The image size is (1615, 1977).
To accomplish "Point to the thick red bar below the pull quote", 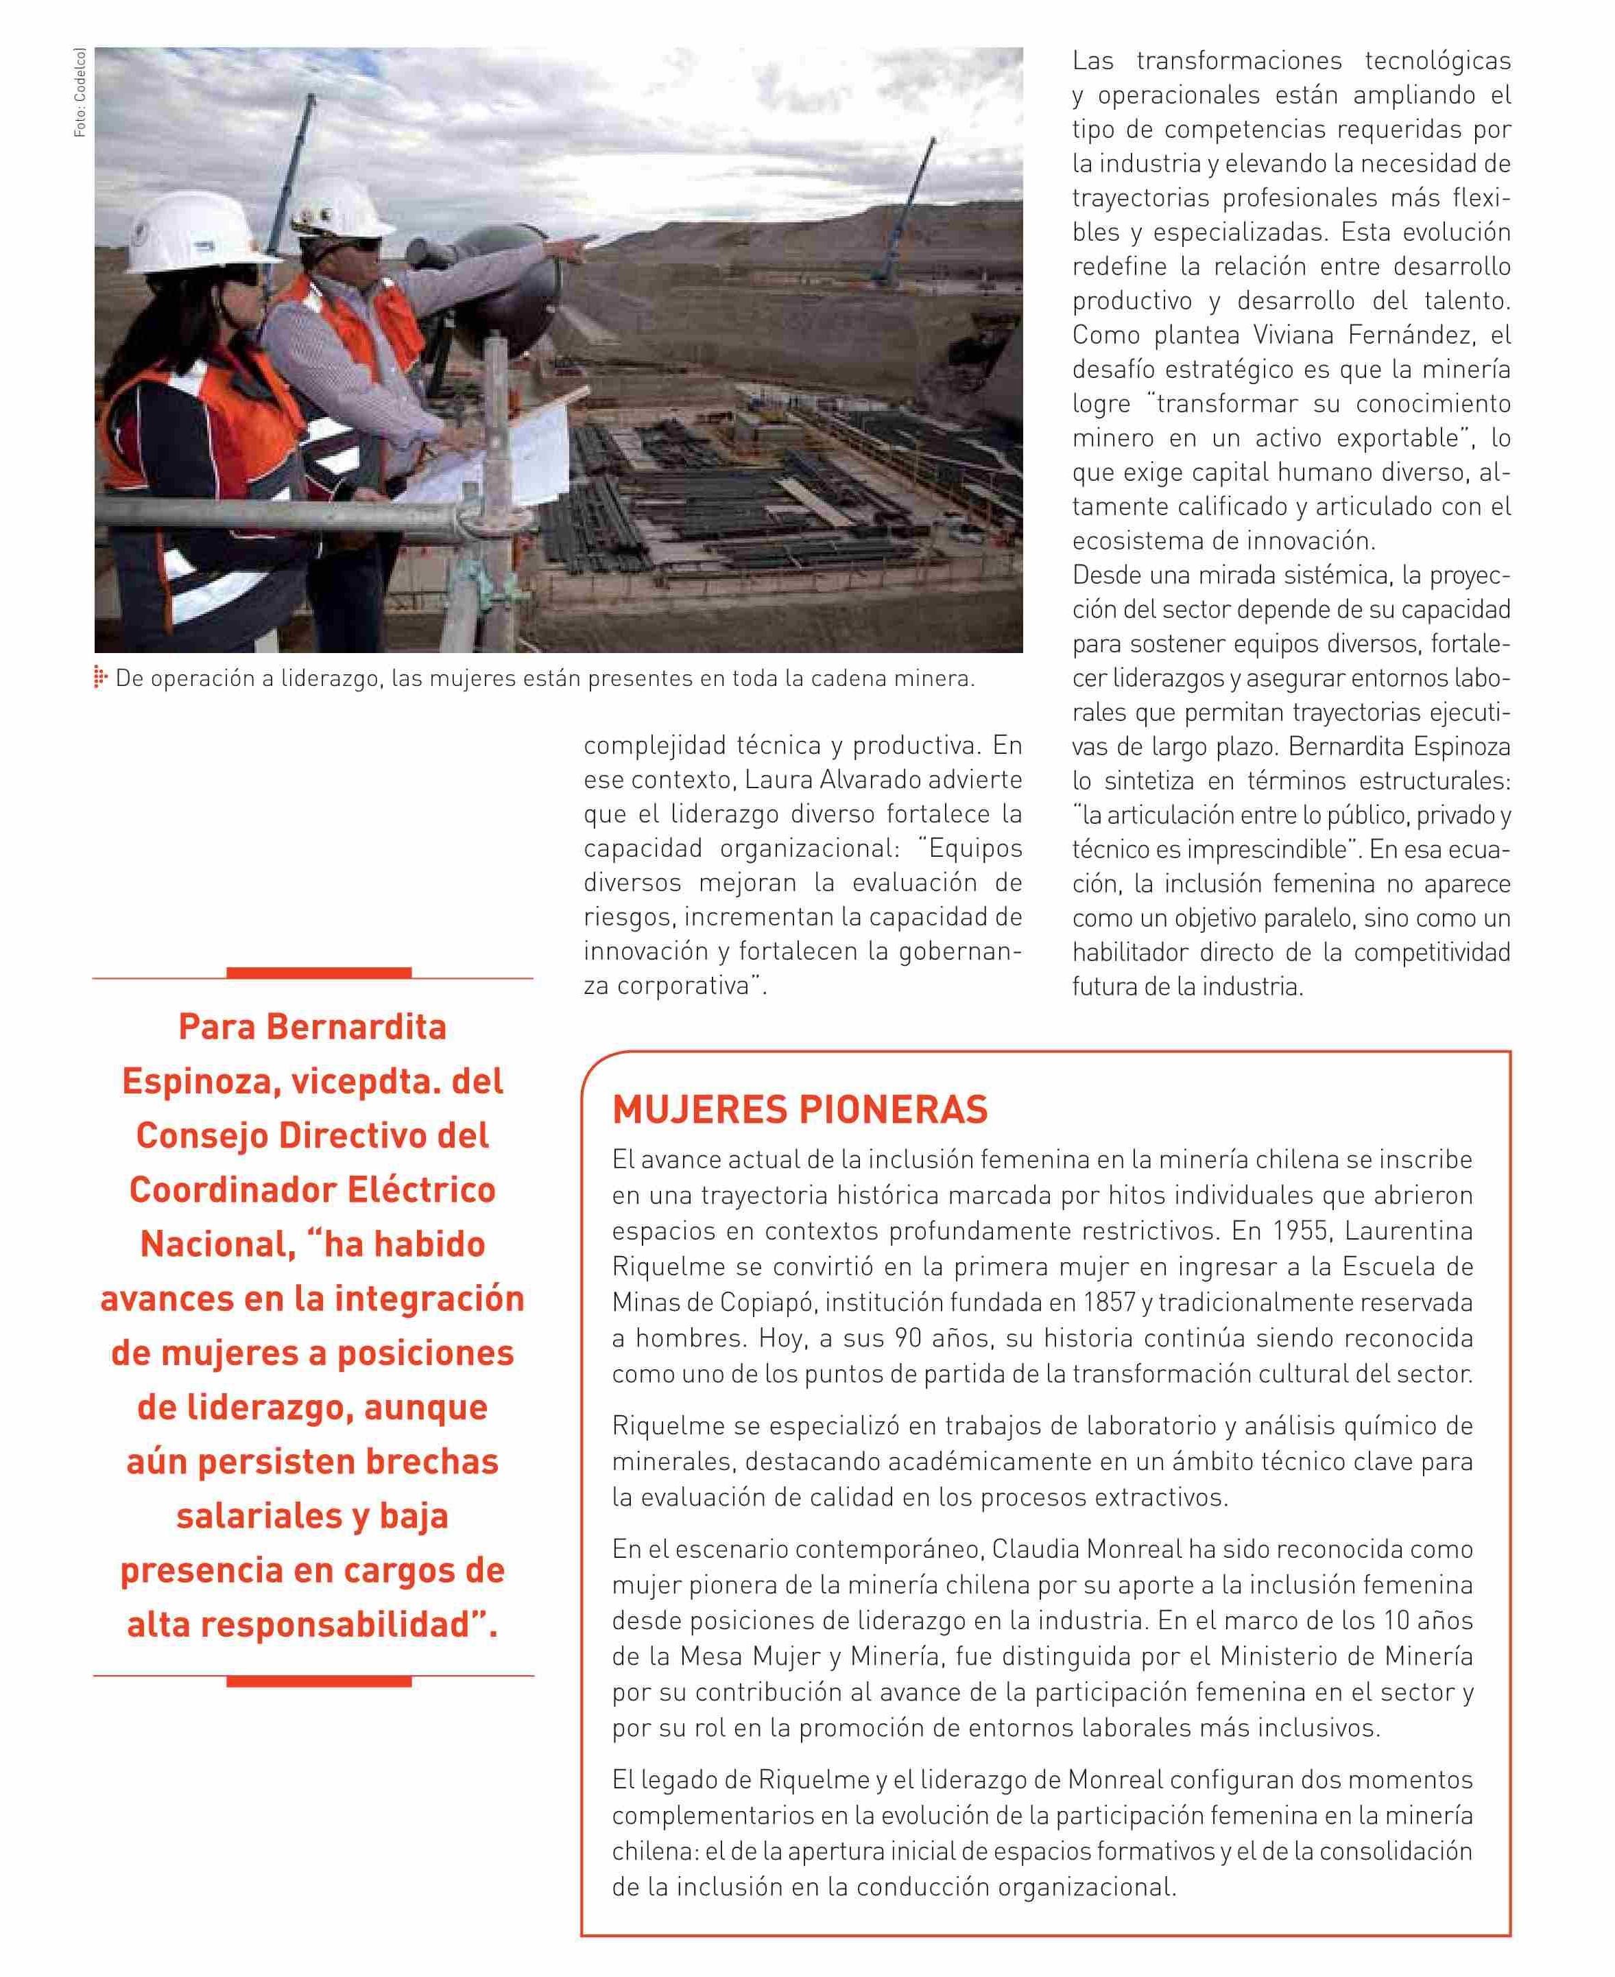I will [x=318, y=1681].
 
